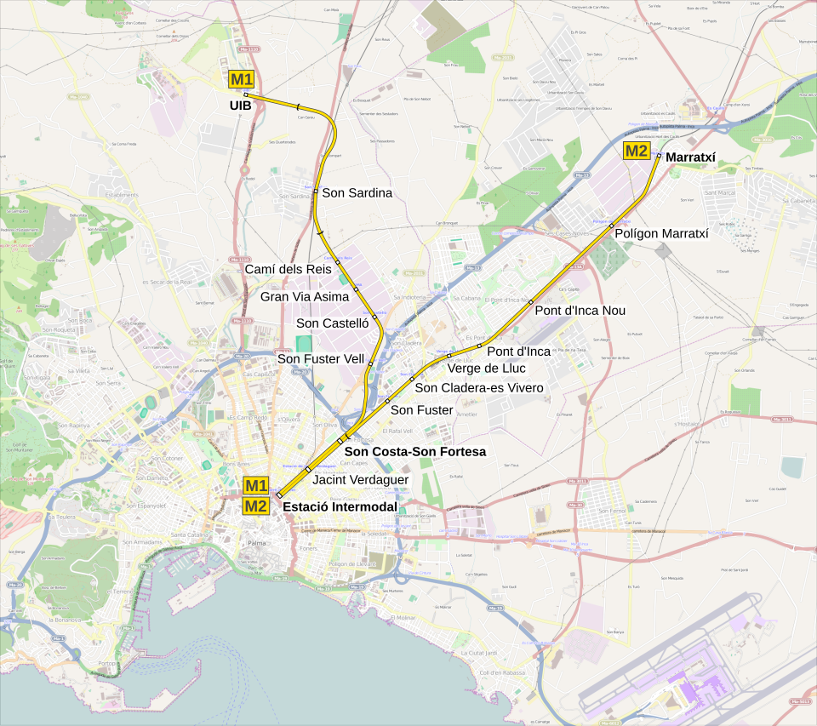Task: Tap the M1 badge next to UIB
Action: click(x=241, y=80)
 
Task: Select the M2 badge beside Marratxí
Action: click(x=637, y=151)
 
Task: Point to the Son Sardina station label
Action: click(x=357, y=193)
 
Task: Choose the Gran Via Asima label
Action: click(x=305, y=296)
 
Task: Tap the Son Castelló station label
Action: click(x=332, y=323)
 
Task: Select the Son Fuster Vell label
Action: click(x=321, y=359)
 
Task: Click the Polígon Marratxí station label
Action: click(x=661, y=232)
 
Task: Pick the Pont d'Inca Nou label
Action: click(x=580, y=311)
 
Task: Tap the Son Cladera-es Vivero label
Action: click(x=478, y=388)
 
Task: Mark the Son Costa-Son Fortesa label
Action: click(x=414, y=451)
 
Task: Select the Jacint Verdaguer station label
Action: click(x=361, y=480)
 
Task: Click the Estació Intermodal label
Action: click(x=340, y=507)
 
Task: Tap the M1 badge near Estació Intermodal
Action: click(x=256, y=485)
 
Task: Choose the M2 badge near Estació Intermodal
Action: click(x=256, y=506)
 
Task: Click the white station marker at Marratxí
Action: click(x=659, y=156)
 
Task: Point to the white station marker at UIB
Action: click(x=246, y=94)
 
